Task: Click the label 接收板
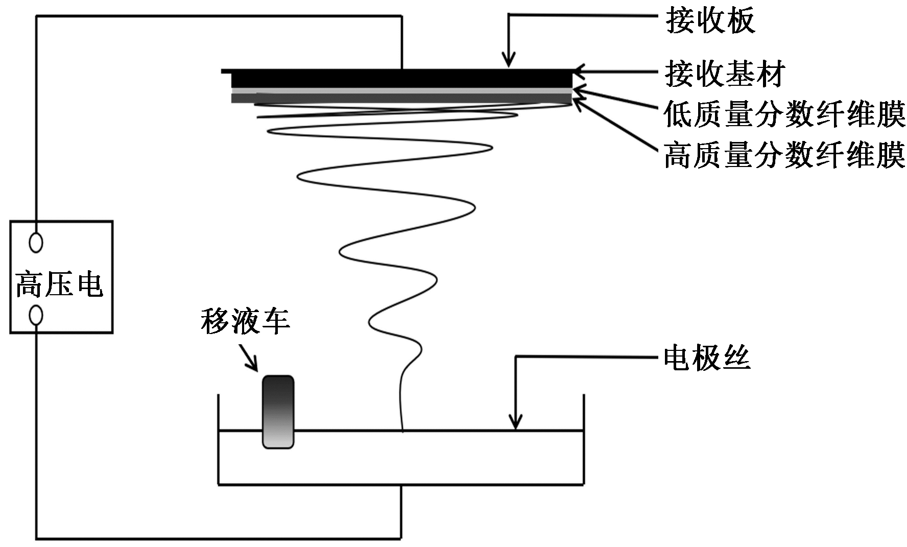710,21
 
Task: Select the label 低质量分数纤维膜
784,114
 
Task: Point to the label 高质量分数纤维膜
784,155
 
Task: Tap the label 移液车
246,322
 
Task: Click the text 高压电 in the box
60,285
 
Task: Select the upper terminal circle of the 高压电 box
36,242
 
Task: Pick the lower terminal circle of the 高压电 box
36,315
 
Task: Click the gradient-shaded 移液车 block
278,412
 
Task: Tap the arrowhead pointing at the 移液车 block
254,367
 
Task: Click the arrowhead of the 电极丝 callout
516,425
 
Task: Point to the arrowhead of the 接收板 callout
508,62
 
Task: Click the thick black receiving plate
401,79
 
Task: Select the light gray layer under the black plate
401,90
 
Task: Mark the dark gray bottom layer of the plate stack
401,98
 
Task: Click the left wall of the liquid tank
219,439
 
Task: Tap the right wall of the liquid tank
583,439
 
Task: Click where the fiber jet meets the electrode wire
403,431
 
